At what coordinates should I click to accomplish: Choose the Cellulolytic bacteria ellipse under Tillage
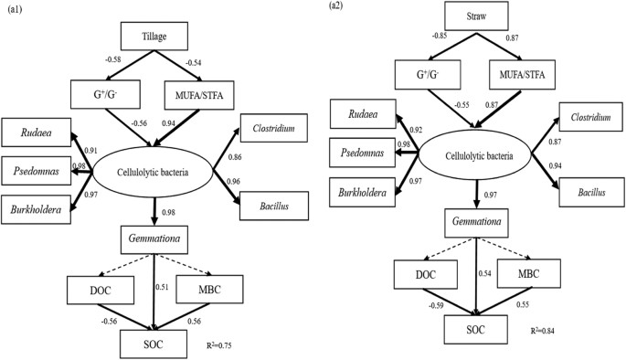(x=153, y=171)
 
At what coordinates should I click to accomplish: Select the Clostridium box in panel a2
(x=586, y=118)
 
